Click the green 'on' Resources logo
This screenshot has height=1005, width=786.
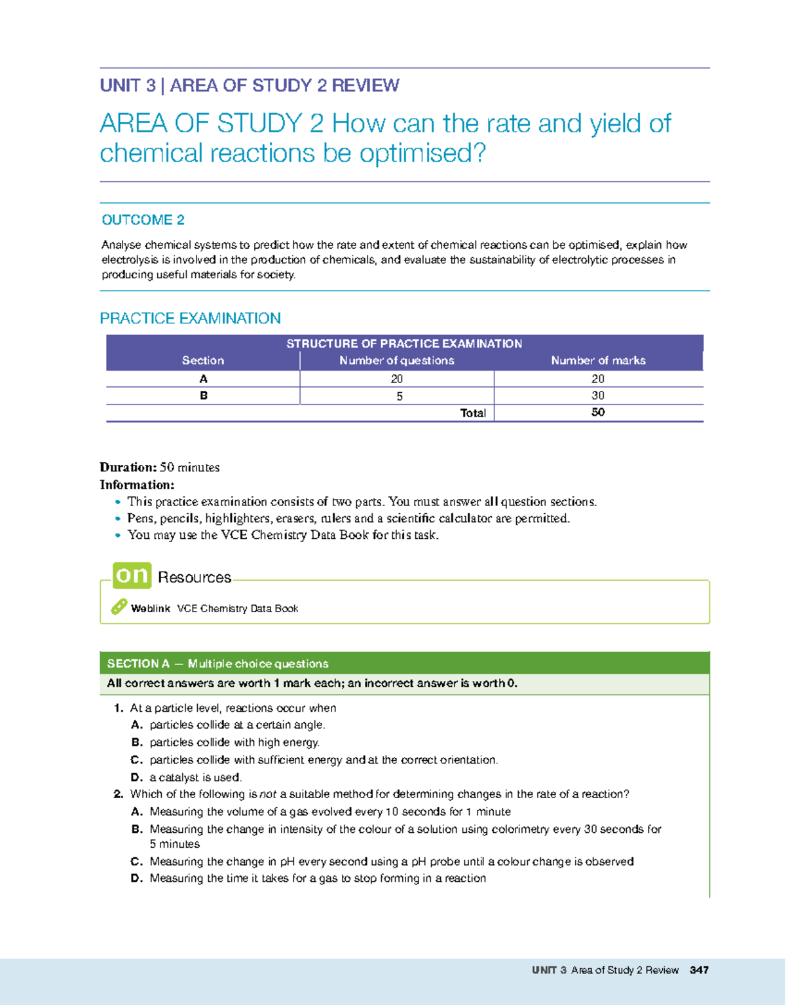132,575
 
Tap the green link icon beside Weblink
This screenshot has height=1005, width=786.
119,607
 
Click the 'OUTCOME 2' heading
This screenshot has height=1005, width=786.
143,220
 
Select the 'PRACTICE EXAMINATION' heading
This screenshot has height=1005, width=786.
190,318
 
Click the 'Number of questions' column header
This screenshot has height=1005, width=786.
396,361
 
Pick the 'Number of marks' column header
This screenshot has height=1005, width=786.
598,361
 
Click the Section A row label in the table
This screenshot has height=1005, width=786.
203,379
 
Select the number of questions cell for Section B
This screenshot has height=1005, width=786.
399,396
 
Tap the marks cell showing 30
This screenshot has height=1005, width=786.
597,395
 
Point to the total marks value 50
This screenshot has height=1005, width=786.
597,412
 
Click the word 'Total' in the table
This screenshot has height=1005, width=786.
473,413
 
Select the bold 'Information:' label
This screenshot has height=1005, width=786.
137,485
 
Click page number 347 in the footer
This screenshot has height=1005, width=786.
699,970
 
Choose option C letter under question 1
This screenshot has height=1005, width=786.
136,760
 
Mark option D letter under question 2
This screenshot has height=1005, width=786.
136,879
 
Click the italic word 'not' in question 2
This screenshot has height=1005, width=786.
268,794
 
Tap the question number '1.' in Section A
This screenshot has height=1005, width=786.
118,708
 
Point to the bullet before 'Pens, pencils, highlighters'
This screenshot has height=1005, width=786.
118,519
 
